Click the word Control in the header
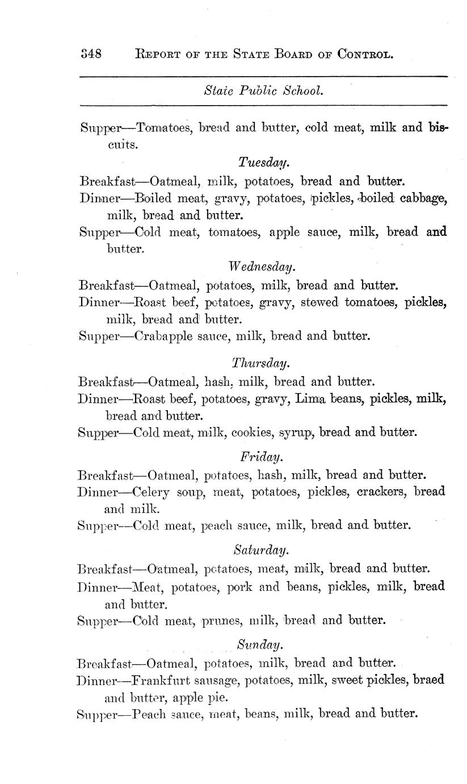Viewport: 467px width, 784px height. (x=365, y=55)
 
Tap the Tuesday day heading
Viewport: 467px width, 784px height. (x=264, y=163)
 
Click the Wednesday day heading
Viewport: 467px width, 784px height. (x=263, y=266)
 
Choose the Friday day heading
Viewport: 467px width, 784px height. (x=261, y=456)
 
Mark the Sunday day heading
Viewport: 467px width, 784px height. (x=260, y=645)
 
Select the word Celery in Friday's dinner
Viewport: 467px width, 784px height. (x=153, y=491)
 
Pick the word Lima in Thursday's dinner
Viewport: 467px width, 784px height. (x=310, y=399)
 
